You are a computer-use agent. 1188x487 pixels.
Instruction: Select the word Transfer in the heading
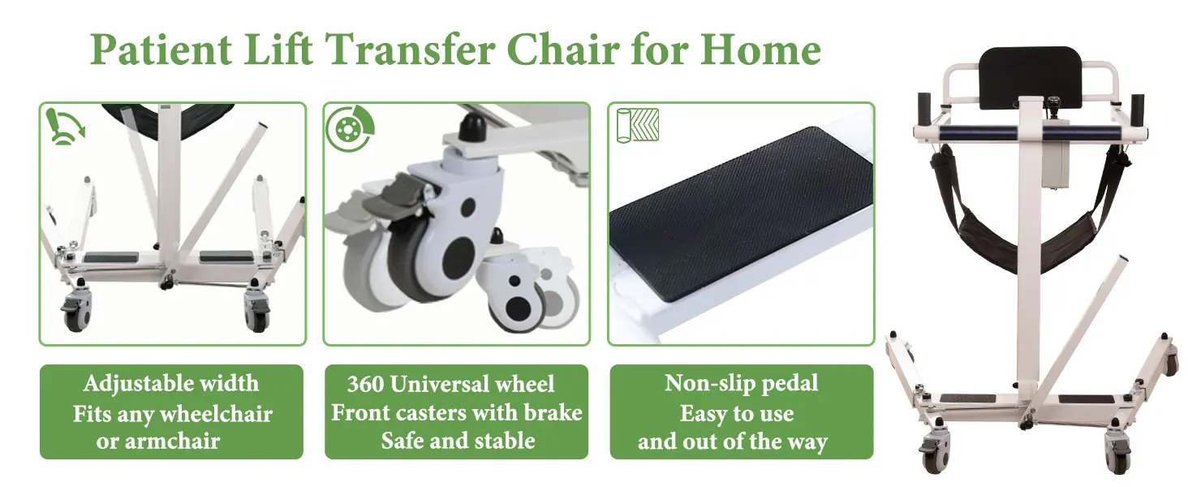[x=410, y=50]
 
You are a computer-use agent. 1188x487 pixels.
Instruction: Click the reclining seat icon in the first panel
[x=65, y=127]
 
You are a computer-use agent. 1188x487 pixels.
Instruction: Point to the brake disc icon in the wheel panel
[x=350, y=128]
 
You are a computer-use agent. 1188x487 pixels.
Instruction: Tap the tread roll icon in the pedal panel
[x=638, y=125]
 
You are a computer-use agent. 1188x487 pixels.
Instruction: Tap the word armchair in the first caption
[x=172, y=442]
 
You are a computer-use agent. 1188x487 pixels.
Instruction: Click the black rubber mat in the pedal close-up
[x=741, y=213]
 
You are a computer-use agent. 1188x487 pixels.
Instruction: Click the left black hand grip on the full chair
[x=924, y=110]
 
